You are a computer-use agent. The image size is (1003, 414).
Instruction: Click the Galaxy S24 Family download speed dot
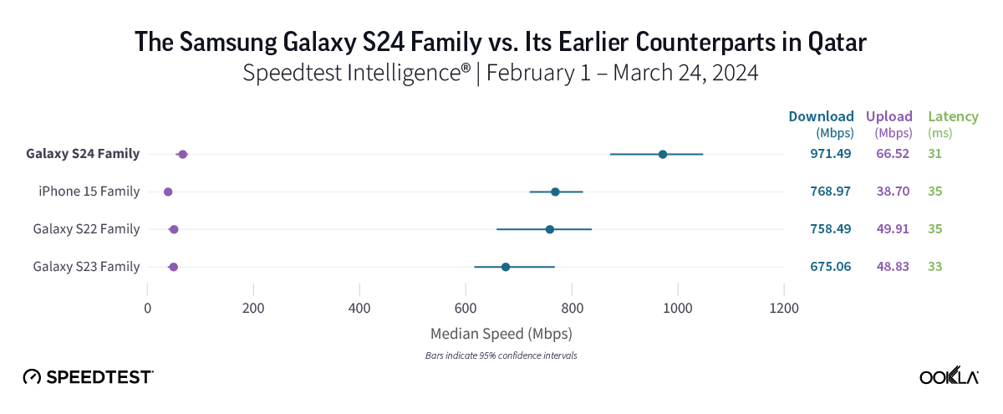(x=663, y=154)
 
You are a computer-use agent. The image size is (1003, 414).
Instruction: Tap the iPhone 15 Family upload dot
(x=168, y=192)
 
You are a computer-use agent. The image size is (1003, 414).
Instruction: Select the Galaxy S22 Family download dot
(x=550, y=229)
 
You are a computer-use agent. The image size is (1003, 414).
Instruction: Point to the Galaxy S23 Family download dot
(x=506, y=267)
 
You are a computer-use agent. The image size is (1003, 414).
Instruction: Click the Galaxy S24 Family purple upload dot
(x=183, y=154)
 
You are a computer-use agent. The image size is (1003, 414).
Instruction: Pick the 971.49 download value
(x=830, y=154)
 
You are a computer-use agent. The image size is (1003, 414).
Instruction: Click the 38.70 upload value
(x=892, y=192)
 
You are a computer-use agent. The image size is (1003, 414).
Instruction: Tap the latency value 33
(x=934, y=267)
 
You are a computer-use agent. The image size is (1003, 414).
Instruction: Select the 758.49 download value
(x=830, y=229)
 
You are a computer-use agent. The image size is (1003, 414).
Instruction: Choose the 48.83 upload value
(x=892, y=267)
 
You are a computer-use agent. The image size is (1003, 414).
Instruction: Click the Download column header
(x=821, y=116)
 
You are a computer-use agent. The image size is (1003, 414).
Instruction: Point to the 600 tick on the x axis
(x=466, y=307)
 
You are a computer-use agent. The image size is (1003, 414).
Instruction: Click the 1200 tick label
(x=783, y=307)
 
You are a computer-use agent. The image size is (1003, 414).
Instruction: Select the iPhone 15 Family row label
(x=89, y=192)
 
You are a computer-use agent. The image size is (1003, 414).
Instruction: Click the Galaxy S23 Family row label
(x=86, y=267)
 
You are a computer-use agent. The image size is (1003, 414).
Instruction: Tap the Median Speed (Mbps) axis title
(x=501, y=334)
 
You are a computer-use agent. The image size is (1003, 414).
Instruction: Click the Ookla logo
(x=949, y=376)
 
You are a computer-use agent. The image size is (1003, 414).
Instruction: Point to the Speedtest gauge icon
(x=32, y=376)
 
